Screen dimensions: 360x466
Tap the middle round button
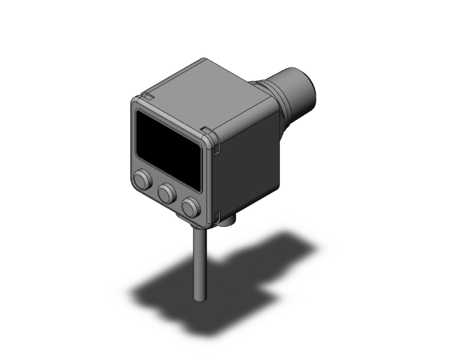[x=167, y=193]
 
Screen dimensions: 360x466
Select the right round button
[x=191, y=206]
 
